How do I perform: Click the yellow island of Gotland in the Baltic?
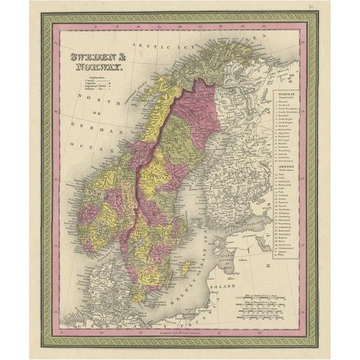184,268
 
